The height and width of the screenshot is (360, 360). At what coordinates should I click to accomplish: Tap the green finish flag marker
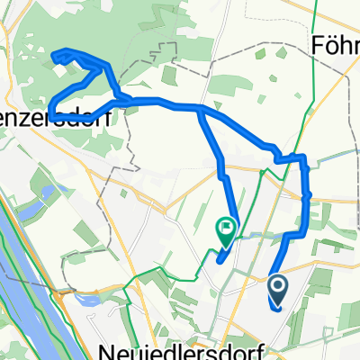225,232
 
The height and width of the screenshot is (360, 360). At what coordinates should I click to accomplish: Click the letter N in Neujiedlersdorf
105,347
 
